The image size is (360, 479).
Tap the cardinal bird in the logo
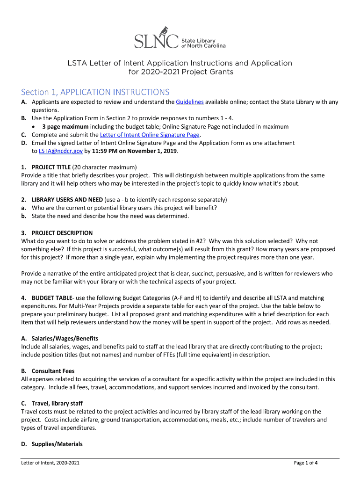pos(165,31)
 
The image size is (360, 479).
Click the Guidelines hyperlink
pos(190,102)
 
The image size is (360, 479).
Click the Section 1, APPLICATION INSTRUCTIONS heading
pos(95,92)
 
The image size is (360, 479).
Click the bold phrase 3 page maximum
pos(65,127)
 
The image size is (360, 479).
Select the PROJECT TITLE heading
pos(51,167)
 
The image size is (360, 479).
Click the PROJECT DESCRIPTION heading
pos(62,232)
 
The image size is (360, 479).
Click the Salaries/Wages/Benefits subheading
pos(65,338)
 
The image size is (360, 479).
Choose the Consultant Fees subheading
pos(53,371)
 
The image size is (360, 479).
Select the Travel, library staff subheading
pos(57,403)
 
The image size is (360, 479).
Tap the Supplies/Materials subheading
pos(57,444)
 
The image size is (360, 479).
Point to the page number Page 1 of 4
pos(306,463)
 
